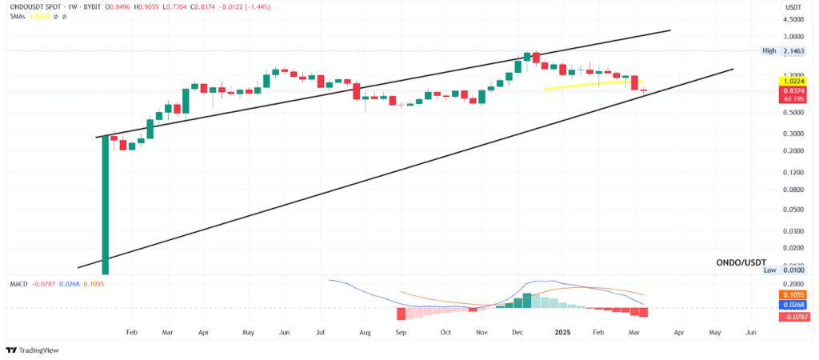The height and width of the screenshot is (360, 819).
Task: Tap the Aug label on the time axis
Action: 366,331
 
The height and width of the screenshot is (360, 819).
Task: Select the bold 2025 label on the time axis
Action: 562,331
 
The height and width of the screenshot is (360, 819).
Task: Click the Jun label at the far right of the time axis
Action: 751,331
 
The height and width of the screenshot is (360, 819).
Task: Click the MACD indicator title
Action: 17,284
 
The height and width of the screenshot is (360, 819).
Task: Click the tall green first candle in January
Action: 105,204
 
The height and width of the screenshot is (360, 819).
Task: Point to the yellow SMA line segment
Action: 592,84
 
